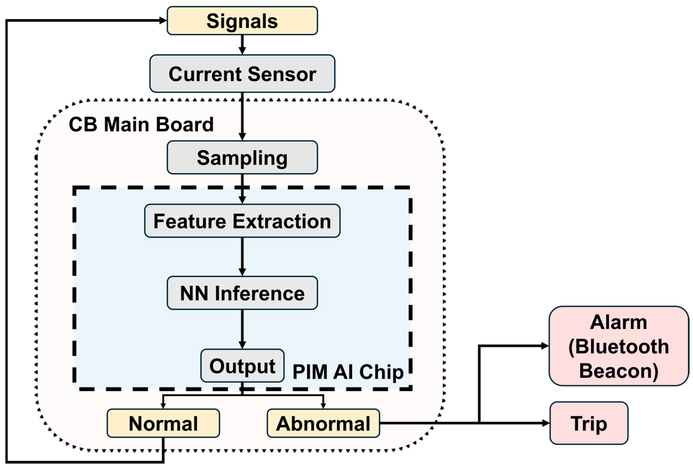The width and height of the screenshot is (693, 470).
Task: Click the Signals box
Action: (x=242, y=21)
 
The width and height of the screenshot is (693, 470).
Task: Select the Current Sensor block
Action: (x=242, y=74)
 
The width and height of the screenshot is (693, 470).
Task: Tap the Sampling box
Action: (x=242, y=157)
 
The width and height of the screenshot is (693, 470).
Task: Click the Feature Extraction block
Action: (x=242, y=221)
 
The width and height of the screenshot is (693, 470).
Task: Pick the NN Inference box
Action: (x=242, y=293)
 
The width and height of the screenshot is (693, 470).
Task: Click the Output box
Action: (x=242, y=366)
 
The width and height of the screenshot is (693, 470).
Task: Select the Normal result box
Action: (x=163, y=423)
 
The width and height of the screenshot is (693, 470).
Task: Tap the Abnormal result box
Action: (x=323, y=423)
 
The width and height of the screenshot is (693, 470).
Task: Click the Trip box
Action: (x=589, y=423)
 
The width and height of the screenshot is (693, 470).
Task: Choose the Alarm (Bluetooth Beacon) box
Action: (x=618, y=346)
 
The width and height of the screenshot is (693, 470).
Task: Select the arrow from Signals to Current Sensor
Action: (x=242, y=45)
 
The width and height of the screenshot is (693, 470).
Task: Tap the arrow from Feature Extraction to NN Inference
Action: (x=242, y=257)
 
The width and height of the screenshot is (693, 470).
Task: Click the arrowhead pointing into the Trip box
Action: (x=546, y=423)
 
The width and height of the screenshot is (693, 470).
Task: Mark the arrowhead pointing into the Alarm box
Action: (x=545, y=346)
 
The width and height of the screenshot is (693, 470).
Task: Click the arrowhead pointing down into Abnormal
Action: (x=323, y=406)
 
